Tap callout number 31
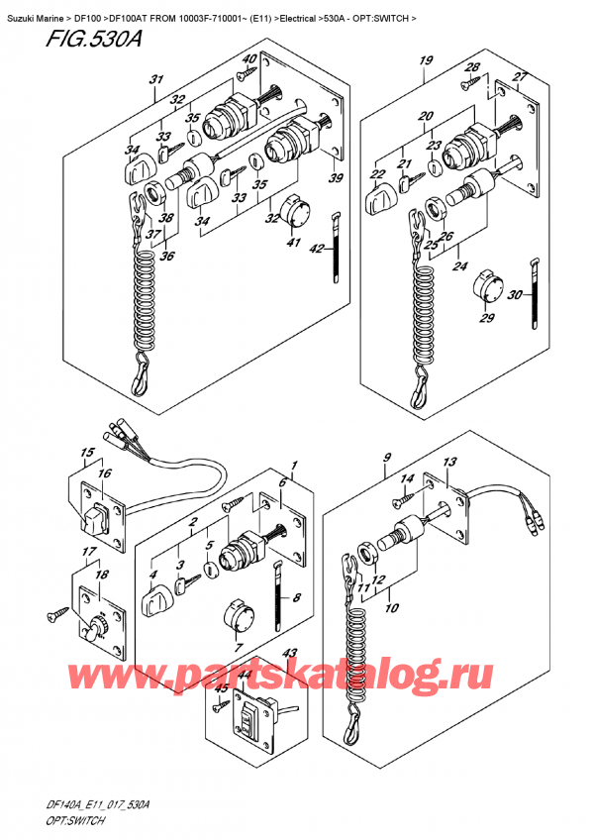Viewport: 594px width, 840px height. (155, 79)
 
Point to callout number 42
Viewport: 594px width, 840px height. (316, 252)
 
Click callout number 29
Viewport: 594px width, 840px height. (485, 317)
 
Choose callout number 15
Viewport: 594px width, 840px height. (87, 455)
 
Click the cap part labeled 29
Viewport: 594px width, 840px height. (485, 287)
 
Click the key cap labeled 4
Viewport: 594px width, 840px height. (160, 599)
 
